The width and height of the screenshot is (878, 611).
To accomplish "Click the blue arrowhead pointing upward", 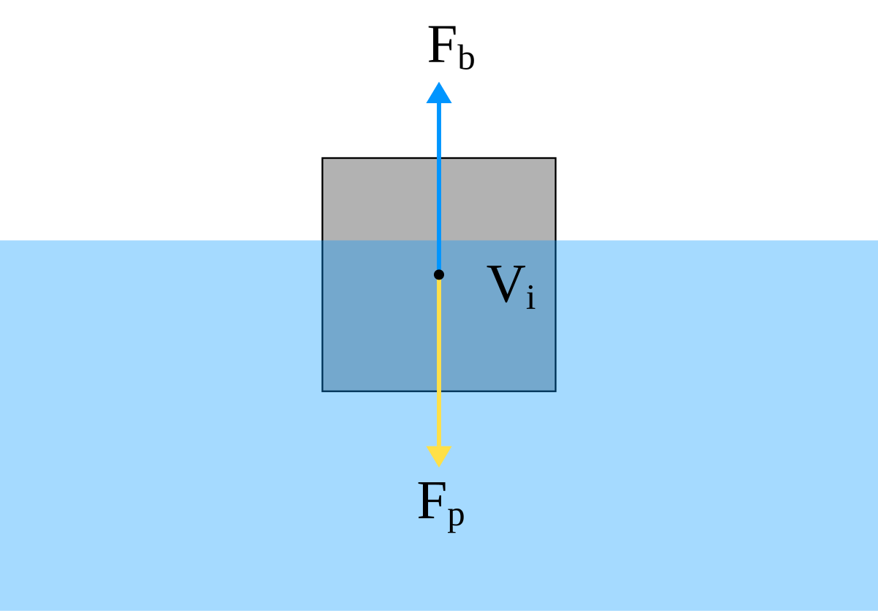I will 439,93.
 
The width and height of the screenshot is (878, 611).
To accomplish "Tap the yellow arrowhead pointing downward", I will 439,455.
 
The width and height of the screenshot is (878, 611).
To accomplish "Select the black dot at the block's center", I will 439,274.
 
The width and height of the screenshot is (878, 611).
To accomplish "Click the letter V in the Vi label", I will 506,284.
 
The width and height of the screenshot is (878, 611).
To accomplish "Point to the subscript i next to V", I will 530,298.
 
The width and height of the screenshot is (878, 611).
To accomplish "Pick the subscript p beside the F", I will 455,517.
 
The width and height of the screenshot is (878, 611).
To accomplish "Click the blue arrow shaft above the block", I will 439,132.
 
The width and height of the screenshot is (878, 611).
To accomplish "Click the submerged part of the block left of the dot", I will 380,315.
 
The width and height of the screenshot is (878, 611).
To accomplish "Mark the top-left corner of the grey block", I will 323,159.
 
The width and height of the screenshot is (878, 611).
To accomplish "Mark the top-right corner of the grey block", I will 555,159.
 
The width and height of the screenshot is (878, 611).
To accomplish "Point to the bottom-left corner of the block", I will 323,391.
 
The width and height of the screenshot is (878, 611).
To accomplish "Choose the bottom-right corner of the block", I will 555,391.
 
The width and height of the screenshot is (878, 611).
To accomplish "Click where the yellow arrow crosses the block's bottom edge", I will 439,391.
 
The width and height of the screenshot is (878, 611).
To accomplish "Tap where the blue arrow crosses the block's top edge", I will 439,159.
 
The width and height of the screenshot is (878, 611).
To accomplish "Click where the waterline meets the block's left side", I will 323,240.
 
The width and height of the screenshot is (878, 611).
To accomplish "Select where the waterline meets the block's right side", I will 555,240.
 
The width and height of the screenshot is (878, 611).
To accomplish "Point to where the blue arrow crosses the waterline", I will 439,240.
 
